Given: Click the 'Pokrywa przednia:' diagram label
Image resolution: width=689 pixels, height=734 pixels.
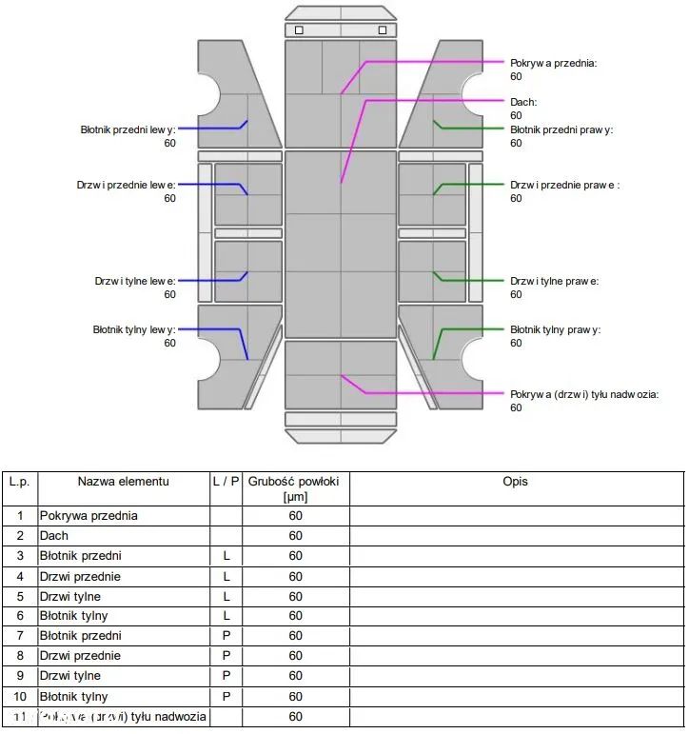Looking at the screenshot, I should (x=553, y=63).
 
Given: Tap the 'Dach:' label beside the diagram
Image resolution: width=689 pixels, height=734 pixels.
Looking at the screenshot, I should (x=523, y=102).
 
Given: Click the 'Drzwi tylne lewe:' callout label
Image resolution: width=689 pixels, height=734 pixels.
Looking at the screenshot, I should (x=135, y=281).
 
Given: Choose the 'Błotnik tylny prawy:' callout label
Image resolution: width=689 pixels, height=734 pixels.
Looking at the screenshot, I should (x=555, y=329).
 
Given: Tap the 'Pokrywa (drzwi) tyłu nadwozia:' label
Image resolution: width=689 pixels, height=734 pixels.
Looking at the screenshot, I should (x=584, y=394).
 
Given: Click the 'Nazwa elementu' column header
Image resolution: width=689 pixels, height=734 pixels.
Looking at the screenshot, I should (x=123, y=482).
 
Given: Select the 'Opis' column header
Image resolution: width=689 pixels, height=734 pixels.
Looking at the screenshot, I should (x=515, y=482).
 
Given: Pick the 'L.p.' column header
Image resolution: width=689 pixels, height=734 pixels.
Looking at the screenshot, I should (x=19, y=482).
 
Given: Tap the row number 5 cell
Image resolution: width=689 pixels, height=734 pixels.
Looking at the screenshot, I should (x=19, y=597).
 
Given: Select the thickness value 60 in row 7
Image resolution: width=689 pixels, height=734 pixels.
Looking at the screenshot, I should (x=296, y=636).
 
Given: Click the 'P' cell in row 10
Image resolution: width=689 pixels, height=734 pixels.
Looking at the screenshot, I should (x=226, y=696).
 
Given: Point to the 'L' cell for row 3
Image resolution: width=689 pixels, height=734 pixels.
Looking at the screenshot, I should (x=226, y=556).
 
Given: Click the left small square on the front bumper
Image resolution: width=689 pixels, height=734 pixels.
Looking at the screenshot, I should (x=299, y=30).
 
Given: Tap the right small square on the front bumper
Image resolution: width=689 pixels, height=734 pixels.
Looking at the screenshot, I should (x=382, y=30).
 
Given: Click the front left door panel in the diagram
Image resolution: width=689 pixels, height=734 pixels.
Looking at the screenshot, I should (x=247, y=194).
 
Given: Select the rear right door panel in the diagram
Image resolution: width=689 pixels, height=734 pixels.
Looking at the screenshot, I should (x=432, y=271).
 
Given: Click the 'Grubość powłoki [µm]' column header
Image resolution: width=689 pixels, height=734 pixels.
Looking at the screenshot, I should (x=296, y=488).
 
